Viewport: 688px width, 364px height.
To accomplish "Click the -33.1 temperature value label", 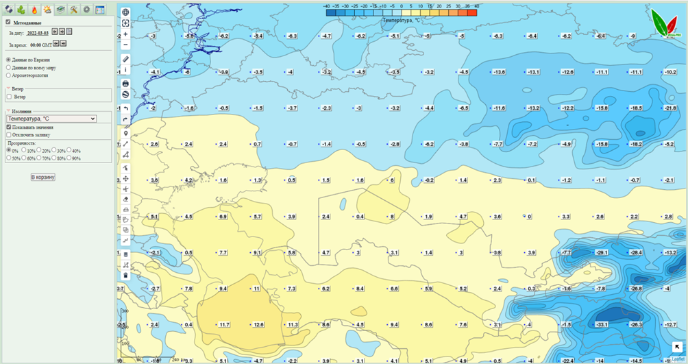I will coord(602,324).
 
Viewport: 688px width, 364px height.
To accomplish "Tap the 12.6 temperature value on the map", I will coord(258,324).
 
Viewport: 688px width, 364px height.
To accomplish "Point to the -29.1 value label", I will coord(602,253).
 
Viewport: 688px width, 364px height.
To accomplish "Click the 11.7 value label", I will coord(223,324).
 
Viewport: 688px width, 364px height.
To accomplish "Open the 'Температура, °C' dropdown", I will coord(51,119).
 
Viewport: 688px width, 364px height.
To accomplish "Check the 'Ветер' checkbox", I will coord(9,97).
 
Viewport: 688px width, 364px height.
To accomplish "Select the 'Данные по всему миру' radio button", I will coord(8,68).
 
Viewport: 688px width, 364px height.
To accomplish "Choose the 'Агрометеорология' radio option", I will coord(8,75).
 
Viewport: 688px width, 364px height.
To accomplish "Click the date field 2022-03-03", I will coord(37,32).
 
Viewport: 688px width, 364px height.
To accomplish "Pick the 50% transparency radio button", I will coord(8,158).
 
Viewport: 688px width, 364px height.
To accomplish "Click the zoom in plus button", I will coord(125,34).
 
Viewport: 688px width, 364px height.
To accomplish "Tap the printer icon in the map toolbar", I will coord(125,84).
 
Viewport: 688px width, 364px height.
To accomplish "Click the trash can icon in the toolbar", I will coord(125,276).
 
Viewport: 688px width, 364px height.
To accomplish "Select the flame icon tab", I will coord(34,10).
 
